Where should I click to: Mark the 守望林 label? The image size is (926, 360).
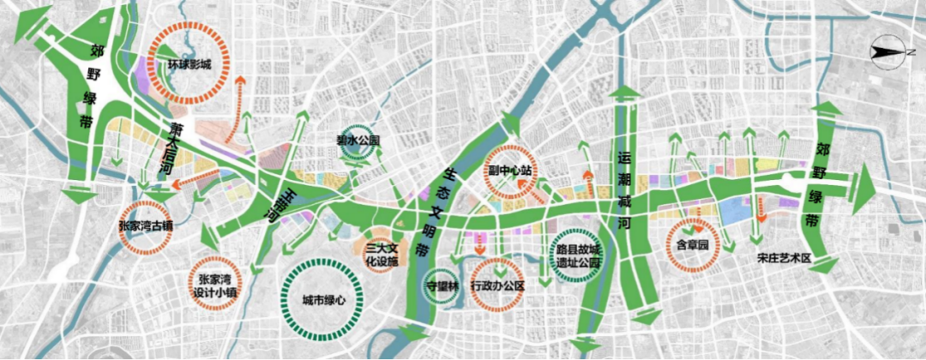(x=442, y=285)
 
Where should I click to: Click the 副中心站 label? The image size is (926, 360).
(x=511, y=170)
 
